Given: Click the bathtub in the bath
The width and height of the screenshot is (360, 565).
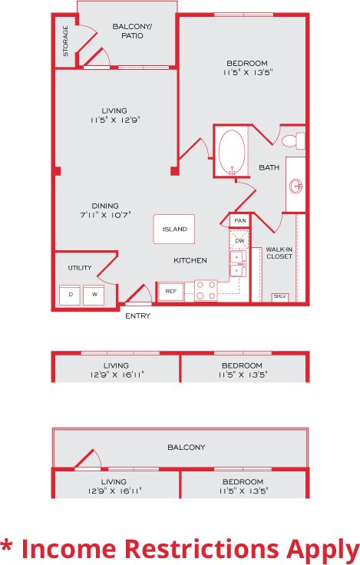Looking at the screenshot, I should click(x=231, y=152).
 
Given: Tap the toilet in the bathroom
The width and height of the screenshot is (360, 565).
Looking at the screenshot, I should click(x=291, y=141).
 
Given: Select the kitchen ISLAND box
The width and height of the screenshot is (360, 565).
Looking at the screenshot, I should click(x=173, y=229).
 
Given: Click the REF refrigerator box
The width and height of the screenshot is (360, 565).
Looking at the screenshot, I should click(x=170, y=292).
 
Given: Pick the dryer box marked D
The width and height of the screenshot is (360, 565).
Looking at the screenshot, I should click(x=71, y=295).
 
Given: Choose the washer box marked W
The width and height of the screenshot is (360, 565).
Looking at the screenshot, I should click(x=94, y=295).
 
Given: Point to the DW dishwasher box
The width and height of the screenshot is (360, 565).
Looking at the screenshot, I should click(x=239, y=241).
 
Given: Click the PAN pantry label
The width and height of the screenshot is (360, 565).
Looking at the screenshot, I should click(x=239, y=221).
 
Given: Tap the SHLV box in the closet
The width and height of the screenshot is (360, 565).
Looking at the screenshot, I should click(x=279, y=296).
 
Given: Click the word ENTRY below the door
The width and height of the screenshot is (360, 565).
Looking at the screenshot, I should click(x=137, y=316).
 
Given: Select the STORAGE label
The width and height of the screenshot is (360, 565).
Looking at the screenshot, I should click(x=65, y=41).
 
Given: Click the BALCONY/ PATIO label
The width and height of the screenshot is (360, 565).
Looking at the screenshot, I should click(x=133, y=31).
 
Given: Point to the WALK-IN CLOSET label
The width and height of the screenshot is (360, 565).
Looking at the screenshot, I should click(x=279, y=253).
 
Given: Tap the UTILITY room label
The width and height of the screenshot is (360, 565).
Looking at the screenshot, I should click(x=80, y=268).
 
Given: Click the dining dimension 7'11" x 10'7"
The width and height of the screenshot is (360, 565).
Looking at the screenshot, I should click(x=104, y=216).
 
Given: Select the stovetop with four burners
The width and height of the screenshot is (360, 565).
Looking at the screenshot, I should click(x=206, y=290).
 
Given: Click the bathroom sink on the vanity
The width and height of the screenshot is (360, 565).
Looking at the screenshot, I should click(x=296, y=185).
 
